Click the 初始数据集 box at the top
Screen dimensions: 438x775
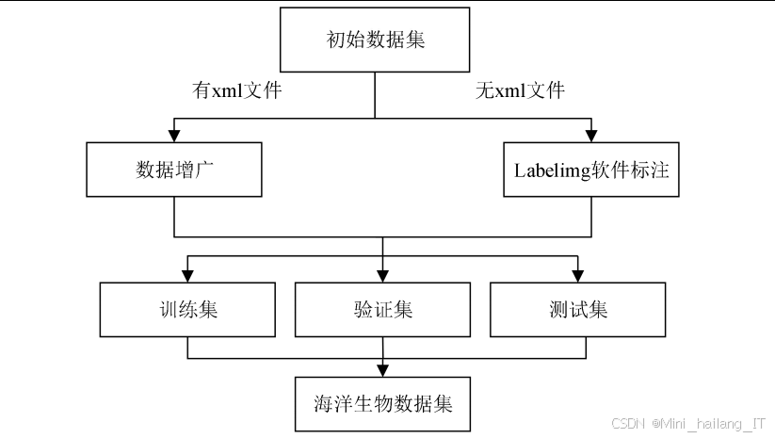pos(375,41)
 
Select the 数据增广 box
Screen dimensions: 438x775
pos(174,170)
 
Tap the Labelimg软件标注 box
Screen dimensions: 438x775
pos(590,170)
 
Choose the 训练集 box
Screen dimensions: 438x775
pos(187,310)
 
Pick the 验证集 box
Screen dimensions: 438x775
pos(382,310)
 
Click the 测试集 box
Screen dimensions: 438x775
pos(577,310)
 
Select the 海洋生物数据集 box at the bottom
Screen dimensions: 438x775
pos(382,404)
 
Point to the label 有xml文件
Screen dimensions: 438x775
pos(237,91)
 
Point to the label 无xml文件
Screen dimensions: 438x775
pos(520,91)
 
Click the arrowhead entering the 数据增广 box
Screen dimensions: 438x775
pos(174,136)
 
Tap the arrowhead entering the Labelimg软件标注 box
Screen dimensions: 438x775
pos(590,136)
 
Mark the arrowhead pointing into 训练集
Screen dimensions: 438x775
pos(187,276)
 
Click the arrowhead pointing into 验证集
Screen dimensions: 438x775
pos(382,276)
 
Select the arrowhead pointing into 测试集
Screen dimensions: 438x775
pos(577,276)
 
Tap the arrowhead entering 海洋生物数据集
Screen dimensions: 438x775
pos(382,370)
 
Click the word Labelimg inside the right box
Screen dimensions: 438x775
pos(544,170)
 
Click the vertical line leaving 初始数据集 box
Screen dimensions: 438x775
pos(375,94)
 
